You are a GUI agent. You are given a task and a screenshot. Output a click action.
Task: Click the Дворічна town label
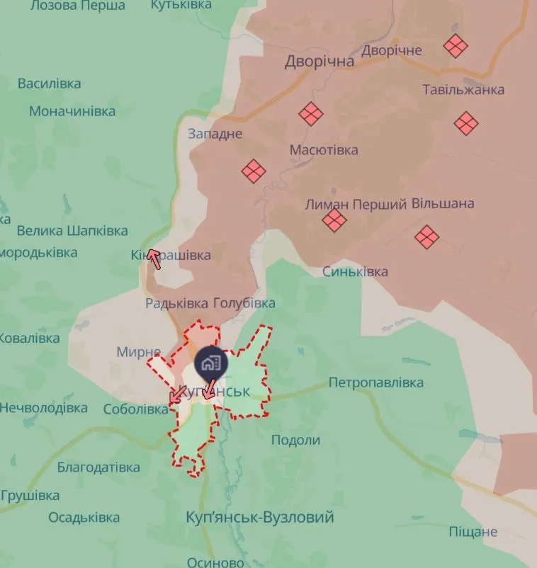tap(320, 62)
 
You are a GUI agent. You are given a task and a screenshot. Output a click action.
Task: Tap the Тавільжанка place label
tap(463, 90)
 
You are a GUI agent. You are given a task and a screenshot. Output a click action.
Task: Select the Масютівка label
tap(324, 150)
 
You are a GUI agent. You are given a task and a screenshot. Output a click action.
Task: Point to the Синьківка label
tap(355, 272)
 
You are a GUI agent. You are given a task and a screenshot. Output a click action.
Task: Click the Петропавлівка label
tap(376, 383)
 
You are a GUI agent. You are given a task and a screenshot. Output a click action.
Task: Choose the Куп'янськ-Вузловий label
tap(259, 517)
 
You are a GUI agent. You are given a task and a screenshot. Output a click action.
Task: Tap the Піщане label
tap(473, 532)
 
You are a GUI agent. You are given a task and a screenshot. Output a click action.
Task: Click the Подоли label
tap(296, 440)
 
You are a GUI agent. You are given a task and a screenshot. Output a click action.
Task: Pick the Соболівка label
tap(135, 409)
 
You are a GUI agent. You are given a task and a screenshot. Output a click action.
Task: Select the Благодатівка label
tap(98, 467)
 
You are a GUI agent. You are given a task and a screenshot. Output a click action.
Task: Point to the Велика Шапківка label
tap(72, 231)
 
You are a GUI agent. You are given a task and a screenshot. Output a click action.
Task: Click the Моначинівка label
tap(72, 111)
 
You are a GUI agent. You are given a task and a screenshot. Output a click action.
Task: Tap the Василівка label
tap(50, 84)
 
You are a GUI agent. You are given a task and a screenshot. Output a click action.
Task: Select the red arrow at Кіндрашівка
tap(154, 260)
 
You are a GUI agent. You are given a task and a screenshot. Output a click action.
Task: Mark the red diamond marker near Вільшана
tap(426, 237)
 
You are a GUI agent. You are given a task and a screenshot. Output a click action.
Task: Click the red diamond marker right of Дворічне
tap(456, 47)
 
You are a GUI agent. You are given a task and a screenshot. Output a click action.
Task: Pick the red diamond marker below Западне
tap(253, 171)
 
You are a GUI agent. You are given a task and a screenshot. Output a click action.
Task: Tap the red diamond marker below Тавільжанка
tap(466, 123)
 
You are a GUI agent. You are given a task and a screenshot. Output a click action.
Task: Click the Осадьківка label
tap(84, 517)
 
